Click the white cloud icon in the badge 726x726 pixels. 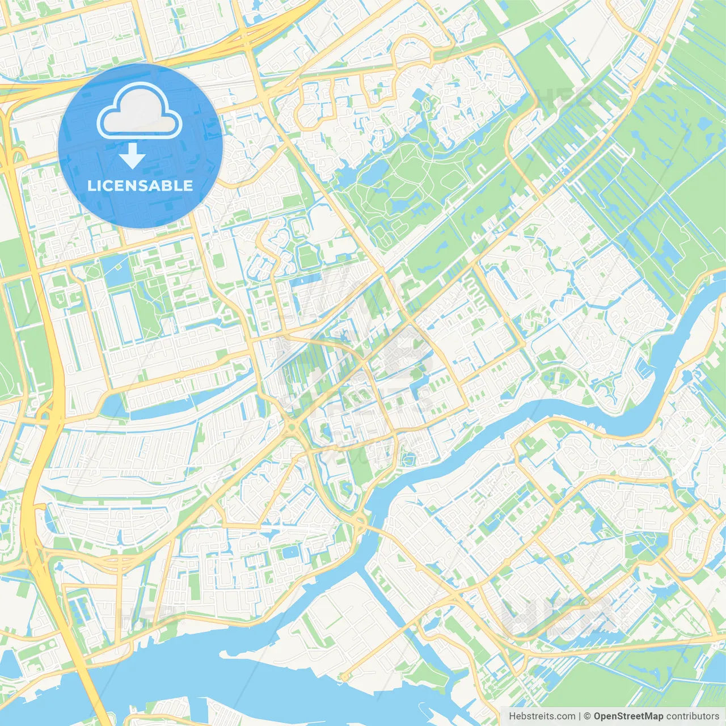[140, 112]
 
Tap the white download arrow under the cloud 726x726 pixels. [132, 156]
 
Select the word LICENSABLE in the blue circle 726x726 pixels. [140, 185]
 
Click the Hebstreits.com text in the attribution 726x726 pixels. [542, 716]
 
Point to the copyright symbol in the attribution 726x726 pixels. [588, 716]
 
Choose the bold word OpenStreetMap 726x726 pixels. [628, 716]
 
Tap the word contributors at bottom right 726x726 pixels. [692, 716]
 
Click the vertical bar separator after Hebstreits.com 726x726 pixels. [580, 716]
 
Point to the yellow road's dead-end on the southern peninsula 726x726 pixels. [344, 677]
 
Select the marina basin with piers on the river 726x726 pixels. [644, 369]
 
